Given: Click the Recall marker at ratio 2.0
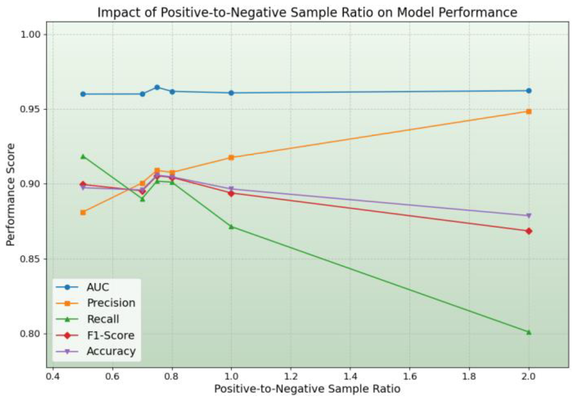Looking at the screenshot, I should coord(529,332).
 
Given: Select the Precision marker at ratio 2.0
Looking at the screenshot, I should coord(529,111).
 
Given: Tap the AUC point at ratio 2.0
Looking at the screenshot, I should coord(529,91).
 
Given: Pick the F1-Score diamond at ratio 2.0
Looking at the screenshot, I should coord(529,231).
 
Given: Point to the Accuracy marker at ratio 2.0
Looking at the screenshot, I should coord(529,216).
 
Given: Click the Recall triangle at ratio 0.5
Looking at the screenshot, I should coord(83,156).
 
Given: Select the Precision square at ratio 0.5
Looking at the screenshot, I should coord(83,212).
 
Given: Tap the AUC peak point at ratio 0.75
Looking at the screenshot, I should coord(157,87).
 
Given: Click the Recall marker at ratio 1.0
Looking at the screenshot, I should coord(231,227).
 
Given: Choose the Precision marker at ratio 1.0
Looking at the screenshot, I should coord(231,157).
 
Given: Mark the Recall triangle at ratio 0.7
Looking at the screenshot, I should coord(142,199).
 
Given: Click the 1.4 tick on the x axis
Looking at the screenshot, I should coord(350,376).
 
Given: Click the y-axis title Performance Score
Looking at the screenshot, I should coord(10,194).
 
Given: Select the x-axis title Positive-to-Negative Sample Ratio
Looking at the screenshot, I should coord(307,389).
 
